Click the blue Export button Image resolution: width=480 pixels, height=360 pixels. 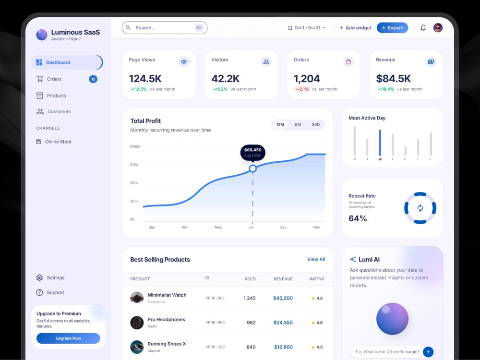pos(392,27)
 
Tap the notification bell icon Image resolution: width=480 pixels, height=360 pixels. pos(423,28)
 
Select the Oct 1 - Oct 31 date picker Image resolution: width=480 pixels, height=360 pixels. pos(306,27)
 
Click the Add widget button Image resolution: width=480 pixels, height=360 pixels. pos(355,28)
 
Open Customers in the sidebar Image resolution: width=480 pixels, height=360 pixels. pos(54,112)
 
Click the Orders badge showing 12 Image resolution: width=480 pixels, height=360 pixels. pos(93,79)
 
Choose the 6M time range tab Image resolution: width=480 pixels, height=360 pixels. pos(298,125)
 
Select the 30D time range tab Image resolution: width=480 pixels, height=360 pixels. pos(316,125)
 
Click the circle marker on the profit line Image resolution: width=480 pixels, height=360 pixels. pos(252,168)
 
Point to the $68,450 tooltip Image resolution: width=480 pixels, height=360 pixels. pos(253,153)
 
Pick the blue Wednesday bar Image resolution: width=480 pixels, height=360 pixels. pos(380,143)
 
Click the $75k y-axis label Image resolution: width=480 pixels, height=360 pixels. pos(134,165)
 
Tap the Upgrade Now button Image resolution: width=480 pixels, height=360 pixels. pos(68,338)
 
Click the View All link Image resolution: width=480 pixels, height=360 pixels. pos(316,259)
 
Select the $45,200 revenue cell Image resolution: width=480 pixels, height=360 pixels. pos(283,298)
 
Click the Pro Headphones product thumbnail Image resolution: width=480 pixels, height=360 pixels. pos(137,323)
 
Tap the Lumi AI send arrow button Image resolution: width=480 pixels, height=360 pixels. pos(428,352)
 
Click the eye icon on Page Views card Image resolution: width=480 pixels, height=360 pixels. pos(184,61)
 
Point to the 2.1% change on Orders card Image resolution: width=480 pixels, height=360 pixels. pos(302,89)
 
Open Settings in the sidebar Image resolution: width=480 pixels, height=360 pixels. pos(50,277)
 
